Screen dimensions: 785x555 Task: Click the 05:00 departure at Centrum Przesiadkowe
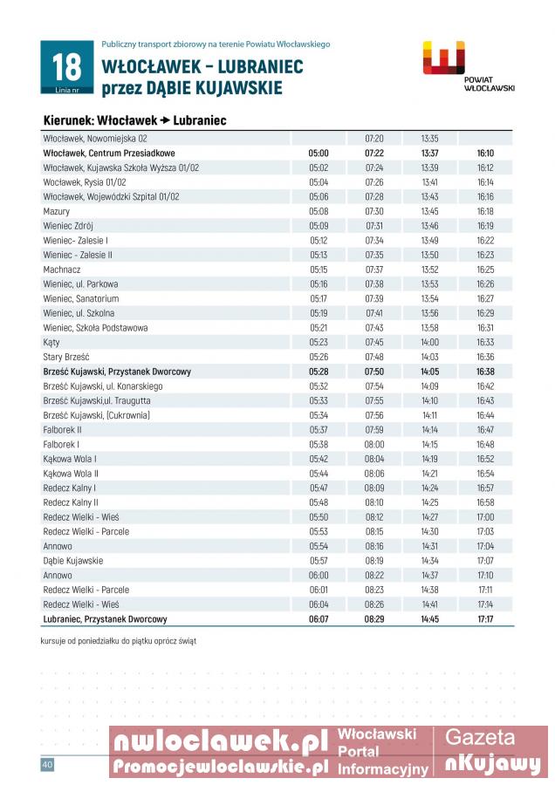tap(319, 153)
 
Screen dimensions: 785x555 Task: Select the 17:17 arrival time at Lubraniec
tap(485, 619)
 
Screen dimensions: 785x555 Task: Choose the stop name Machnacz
tap(63, 270)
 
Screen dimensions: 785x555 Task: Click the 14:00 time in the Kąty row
tap(429, 343)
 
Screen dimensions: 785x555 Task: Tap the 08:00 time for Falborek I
tap(374, 445)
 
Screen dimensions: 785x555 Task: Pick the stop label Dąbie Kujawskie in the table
tap(73, 561)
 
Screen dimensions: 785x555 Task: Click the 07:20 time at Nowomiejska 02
tap(374, 138)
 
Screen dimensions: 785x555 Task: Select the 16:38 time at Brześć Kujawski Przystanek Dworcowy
tap(485, 372)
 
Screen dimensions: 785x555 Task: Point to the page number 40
tap(48, 764)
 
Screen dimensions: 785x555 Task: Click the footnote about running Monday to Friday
tap(118, 641)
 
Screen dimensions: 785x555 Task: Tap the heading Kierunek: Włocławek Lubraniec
tap(134, 120)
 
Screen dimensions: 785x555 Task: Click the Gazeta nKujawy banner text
tap(492, 751)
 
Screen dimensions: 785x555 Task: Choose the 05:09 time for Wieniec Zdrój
tap(319, 226)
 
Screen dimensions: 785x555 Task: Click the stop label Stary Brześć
tap(66, 357)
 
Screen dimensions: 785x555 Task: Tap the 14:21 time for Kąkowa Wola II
tap(429, 474)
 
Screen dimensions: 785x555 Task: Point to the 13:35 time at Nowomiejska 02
tap(429, 138)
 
